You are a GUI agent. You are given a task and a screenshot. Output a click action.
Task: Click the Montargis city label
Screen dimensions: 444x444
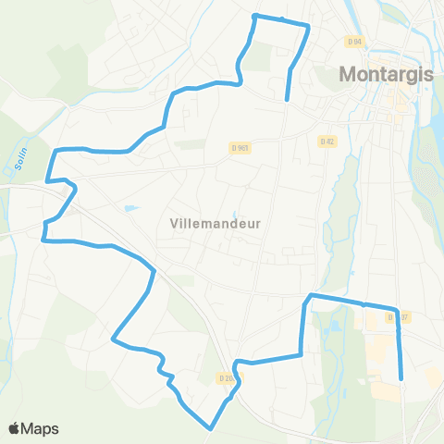387,75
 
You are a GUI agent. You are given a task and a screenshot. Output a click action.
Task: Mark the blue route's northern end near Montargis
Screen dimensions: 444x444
287,99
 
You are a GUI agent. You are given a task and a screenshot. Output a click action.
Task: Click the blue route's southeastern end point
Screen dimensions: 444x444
401,377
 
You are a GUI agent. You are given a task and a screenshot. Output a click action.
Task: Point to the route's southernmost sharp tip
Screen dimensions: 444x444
211,428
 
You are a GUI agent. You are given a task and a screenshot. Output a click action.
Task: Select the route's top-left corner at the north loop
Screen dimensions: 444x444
254,16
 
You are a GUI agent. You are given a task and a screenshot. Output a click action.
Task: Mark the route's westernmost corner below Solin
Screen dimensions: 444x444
43,240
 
